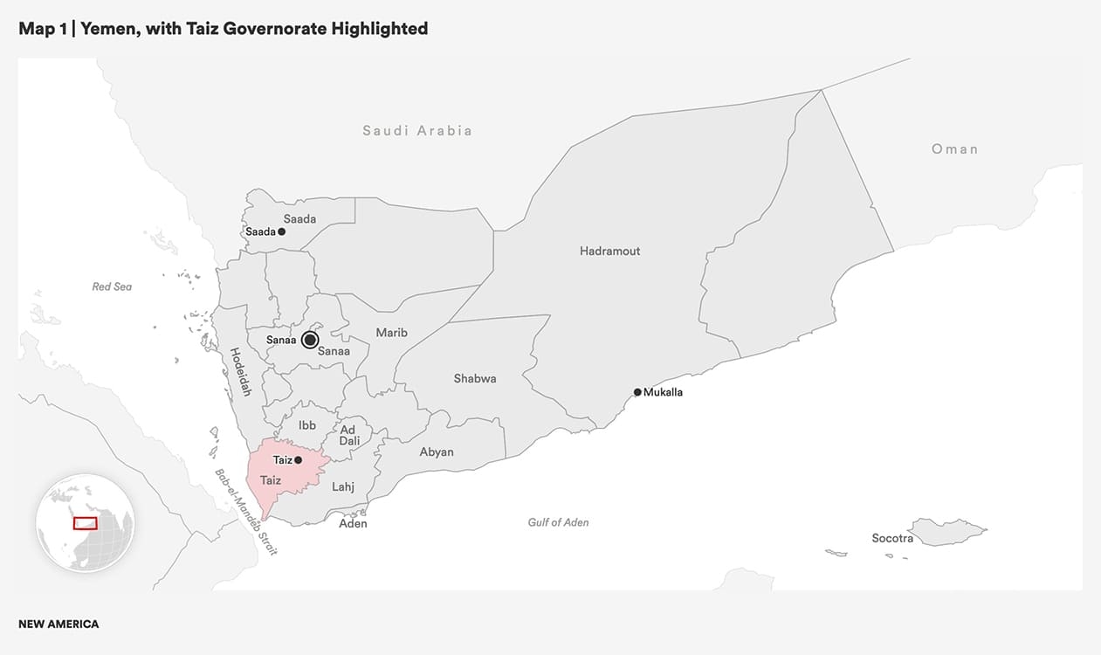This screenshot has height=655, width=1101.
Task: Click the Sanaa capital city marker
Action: click(x=310, y=341)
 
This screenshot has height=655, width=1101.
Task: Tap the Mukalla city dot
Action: click(x=637, y=392)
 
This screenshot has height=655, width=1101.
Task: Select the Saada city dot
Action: click(x=281, y=231)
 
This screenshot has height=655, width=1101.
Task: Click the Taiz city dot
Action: click(x=299, y=459)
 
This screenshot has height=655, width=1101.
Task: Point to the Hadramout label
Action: click(x=609, y=252)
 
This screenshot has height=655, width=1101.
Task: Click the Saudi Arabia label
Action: click(x=417, y=131)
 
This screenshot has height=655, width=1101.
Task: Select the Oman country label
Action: click(x=954, y=149)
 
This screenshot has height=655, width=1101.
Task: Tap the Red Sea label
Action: click(x=112, y=286)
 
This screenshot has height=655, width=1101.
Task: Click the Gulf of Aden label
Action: click(x=558, y=522)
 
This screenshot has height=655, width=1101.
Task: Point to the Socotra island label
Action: click(x=892, y=539)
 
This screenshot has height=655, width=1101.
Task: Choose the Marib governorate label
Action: click(x=391, y=333)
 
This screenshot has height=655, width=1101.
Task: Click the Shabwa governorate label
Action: click(x=475, y=379)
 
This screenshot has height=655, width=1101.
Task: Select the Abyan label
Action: click(x=437, y=452)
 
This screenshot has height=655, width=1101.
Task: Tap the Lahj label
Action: click(x=343, y=487)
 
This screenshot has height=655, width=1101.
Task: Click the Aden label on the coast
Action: click(x=353, y=524)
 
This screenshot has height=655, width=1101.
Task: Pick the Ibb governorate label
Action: click(x=307, y=425)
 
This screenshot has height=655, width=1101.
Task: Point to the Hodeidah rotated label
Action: click(x=240, y=372)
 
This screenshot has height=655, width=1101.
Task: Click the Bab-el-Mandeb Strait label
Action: click(x=245, y=513)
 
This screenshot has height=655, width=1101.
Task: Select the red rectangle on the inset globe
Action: click(x=85, y=522)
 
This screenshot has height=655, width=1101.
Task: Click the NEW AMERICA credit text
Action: click(x=58, y=624)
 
